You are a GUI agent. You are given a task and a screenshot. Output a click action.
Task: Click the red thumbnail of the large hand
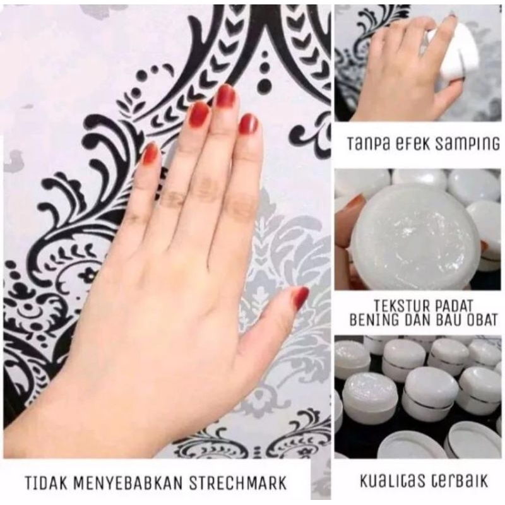tap(301, 297)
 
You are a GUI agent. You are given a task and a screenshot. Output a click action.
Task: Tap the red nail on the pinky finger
tap(150, 153)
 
